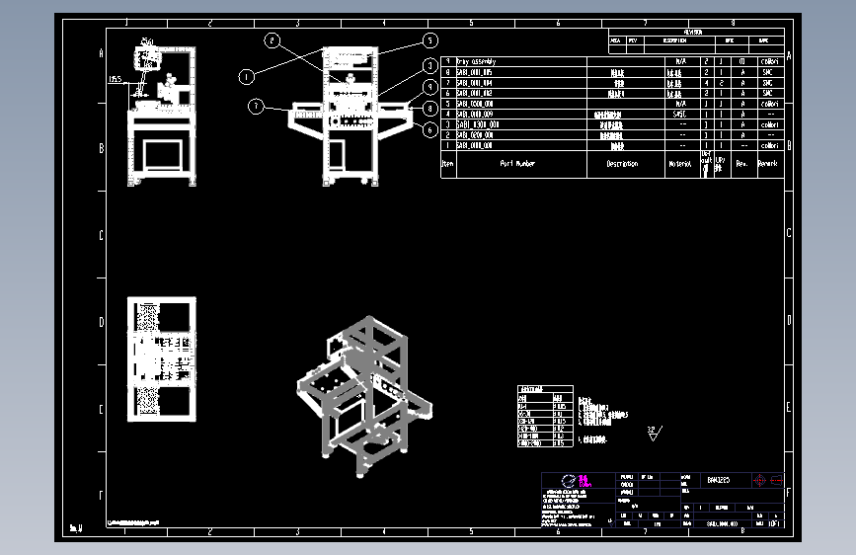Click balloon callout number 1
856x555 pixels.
(x=247, y=75)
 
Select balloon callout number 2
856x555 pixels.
(x=272, y=40)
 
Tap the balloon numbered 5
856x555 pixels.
(x=429, y=40)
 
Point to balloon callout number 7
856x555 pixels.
(x=256, y=107)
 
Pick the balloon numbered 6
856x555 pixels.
(x=429, y=128)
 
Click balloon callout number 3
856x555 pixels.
(x=429, y=65)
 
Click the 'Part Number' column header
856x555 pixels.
(x=517, y=164)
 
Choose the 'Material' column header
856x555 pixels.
(x=679, y=164)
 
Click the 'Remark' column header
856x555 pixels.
(x=768, y=164)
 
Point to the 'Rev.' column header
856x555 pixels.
(x=740, y=164)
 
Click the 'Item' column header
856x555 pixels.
(x=447, y=164)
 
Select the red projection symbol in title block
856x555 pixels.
(x=767, y=480)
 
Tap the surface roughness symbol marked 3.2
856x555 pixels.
(x=653, y=432)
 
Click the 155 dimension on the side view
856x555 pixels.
(x=116, y=81)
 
